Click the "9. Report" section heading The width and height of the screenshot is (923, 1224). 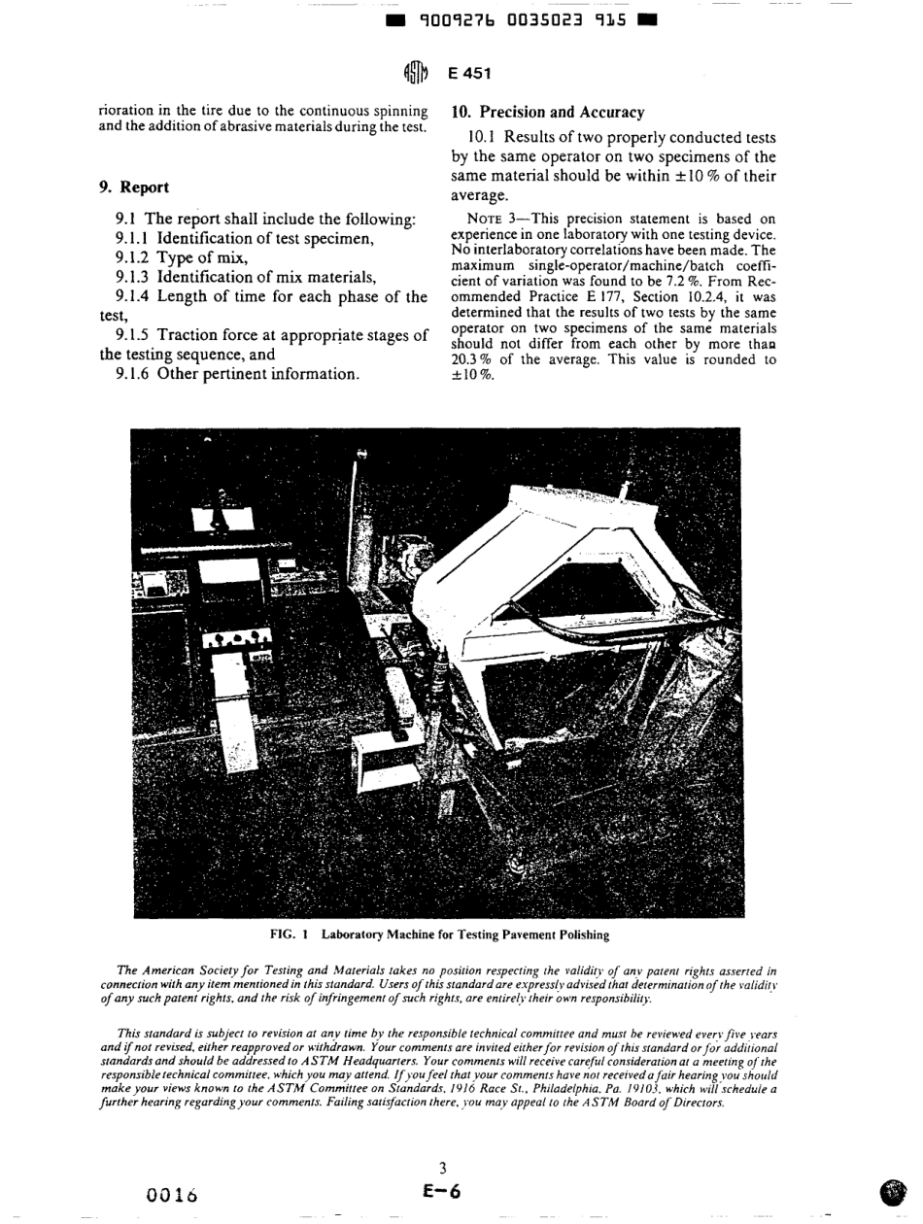click(132, 185)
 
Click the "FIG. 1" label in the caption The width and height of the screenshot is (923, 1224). click(290, 934)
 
